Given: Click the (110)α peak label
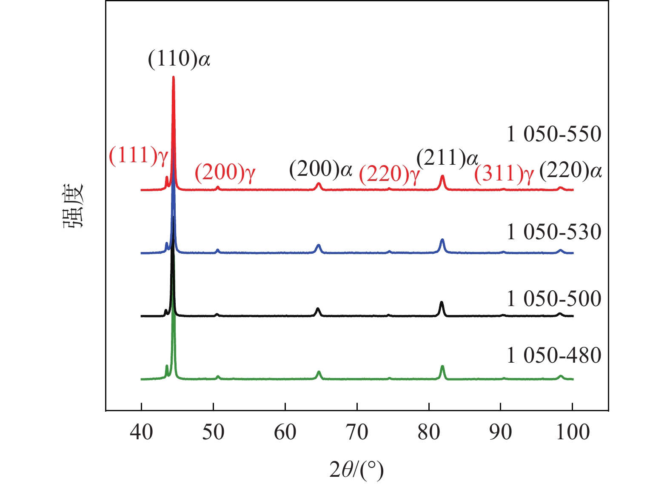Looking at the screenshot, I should (179, 59).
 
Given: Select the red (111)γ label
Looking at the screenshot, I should (139, 155).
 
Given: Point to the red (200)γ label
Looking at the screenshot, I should (225, 172).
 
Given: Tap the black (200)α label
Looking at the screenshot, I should (321, 169).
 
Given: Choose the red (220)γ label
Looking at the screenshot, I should (389, 174).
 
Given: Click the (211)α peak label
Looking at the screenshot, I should (448, 158).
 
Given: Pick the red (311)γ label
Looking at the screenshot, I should (504, 174).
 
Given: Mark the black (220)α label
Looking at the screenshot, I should (570, 171).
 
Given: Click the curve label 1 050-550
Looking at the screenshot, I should (554, 134).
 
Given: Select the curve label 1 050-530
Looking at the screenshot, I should (554, 232).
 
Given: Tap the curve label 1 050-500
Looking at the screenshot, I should (554, 299).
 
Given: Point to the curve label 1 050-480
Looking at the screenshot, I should (554, 355).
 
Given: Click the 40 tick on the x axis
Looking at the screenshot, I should (141, 432).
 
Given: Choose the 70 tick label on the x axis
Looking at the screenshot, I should (357, 432).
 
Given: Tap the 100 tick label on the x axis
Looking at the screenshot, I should (572, 432).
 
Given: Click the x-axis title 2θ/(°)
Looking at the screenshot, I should (356, 470).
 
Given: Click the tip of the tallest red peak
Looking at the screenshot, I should (173, 77).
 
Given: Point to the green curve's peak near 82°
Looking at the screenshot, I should (442, 366).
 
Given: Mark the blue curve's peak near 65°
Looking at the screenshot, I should (318, 245).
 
